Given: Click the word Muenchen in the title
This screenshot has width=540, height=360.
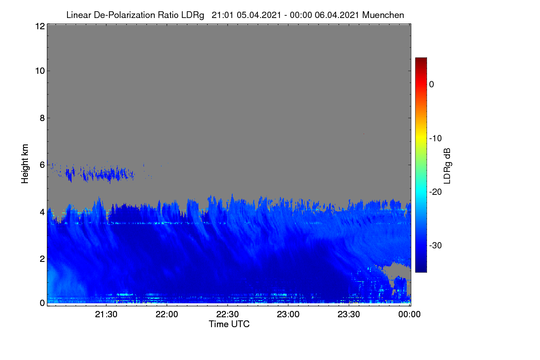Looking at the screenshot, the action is [383, 15].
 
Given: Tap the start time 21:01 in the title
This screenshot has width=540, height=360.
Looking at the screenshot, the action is [222, 15].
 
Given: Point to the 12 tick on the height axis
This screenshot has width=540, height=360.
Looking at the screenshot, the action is [40, 26].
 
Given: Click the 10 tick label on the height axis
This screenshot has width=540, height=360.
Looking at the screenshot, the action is [40, 71].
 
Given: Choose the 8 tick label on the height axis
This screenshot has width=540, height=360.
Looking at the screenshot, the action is [42, 118].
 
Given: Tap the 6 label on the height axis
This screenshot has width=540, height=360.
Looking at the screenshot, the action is [42, 165].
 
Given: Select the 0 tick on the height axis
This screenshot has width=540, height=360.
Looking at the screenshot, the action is [42, 303].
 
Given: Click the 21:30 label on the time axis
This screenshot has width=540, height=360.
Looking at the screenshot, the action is [106, 314].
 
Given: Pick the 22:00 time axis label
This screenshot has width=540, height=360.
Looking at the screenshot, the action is [167, 314].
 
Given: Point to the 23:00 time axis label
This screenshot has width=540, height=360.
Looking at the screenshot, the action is [288, 314].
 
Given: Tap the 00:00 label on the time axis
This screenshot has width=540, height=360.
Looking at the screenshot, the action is [409, 314].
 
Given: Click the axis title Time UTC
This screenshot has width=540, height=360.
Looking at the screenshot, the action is [229, 324].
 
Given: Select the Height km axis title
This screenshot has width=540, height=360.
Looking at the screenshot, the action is [25, 164].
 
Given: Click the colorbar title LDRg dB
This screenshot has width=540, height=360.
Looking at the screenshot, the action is [447, 166].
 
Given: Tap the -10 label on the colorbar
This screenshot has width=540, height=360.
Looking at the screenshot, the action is [436, 139].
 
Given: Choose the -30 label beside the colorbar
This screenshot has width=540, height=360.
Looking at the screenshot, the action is [436, 245].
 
